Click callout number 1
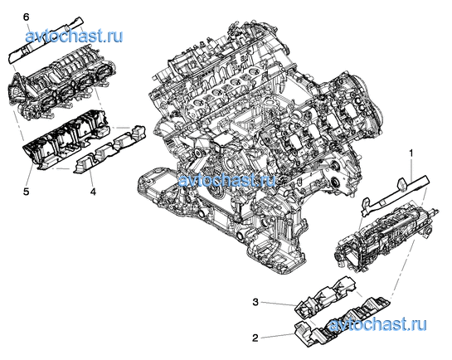click(411, 153)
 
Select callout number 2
click(255, 338)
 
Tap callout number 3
click(255, 302)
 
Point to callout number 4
click(93, 191)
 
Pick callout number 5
click(27, 191)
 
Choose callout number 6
click(27, 17)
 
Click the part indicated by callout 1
click(395, 195)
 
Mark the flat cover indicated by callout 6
click(46, 41)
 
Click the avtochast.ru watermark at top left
click(74, 36)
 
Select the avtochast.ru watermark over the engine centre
click(227, 181)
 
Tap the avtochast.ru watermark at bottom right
click(377, 324)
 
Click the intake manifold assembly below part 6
click(62, 85)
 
